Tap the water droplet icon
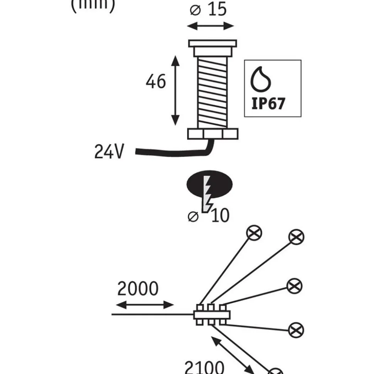pyautogui.click(x=261, y=79)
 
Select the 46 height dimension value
pyautogui.click(x=156, y=82)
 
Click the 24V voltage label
pyautogui.click(x=110, y=152)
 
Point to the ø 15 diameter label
pyautogui.click(x=210, y=9)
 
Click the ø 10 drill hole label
pyautogui.click(x=209, y=216)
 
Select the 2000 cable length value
pyautogui.click(x=138, y=289)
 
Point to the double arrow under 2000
pyautogui.click(x=145, y=305)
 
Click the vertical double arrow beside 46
pyautogui.click(x=175, y=91)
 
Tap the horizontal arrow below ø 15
pyautogui.click(x=211, y=26)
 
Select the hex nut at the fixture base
pyautogui.click(x=212, y=134)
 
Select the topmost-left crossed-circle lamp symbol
pyautogui.click(x=254, y=232)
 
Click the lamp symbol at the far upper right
pyautogui.click(x=296, y=237)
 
